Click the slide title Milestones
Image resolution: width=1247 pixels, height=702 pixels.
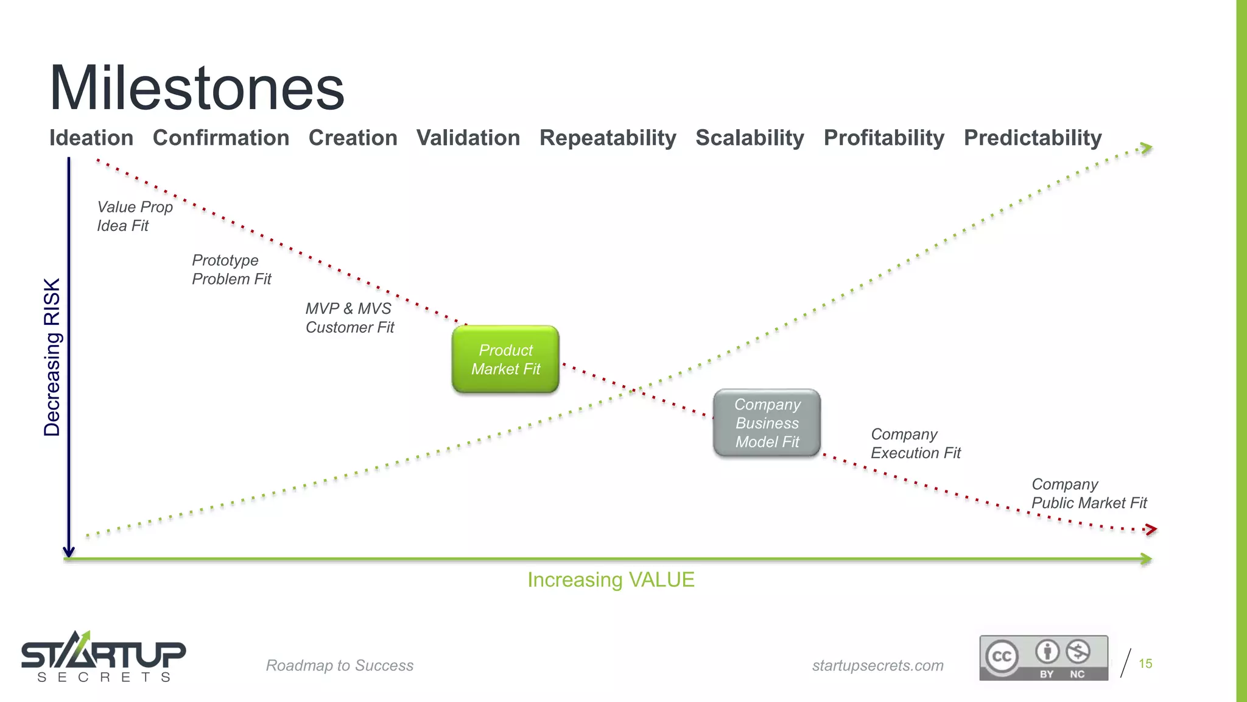(197, 88)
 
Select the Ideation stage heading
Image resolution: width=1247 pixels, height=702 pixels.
(91, 138)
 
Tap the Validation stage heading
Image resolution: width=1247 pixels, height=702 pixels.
(468, 138)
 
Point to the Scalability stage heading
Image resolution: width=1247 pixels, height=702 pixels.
(750, 138)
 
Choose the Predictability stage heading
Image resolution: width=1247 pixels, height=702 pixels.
(1033, 138)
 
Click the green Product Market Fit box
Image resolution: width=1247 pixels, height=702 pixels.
(505, 360)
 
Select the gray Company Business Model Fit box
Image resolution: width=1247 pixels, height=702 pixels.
(767, 423)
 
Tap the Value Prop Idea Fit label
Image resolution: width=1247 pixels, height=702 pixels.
(135, 216)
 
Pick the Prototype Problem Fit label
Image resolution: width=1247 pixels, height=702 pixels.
(231, 269)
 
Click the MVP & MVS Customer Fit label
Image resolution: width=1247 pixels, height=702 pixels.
(350, 318)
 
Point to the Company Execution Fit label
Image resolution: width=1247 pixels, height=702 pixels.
(915, 444)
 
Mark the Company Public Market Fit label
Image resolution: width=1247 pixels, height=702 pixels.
(1089, 494)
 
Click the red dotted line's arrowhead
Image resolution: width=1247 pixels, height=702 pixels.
(1150, 530)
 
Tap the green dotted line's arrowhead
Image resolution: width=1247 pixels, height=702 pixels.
(1146, 148)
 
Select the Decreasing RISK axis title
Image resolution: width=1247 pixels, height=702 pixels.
(52, 357)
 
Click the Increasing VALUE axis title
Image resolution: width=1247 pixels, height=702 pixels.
(611, 580)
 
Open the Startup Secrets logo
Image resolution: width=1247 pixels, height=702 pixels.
(104, 657)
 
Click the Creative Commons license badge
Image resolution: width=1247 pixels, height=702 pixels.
(1043, 658)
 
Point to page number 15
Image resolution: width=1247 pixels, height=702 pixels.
(1145, 664)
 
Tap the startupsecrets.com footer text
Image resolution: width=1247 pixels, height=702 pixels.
(877, 665)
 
